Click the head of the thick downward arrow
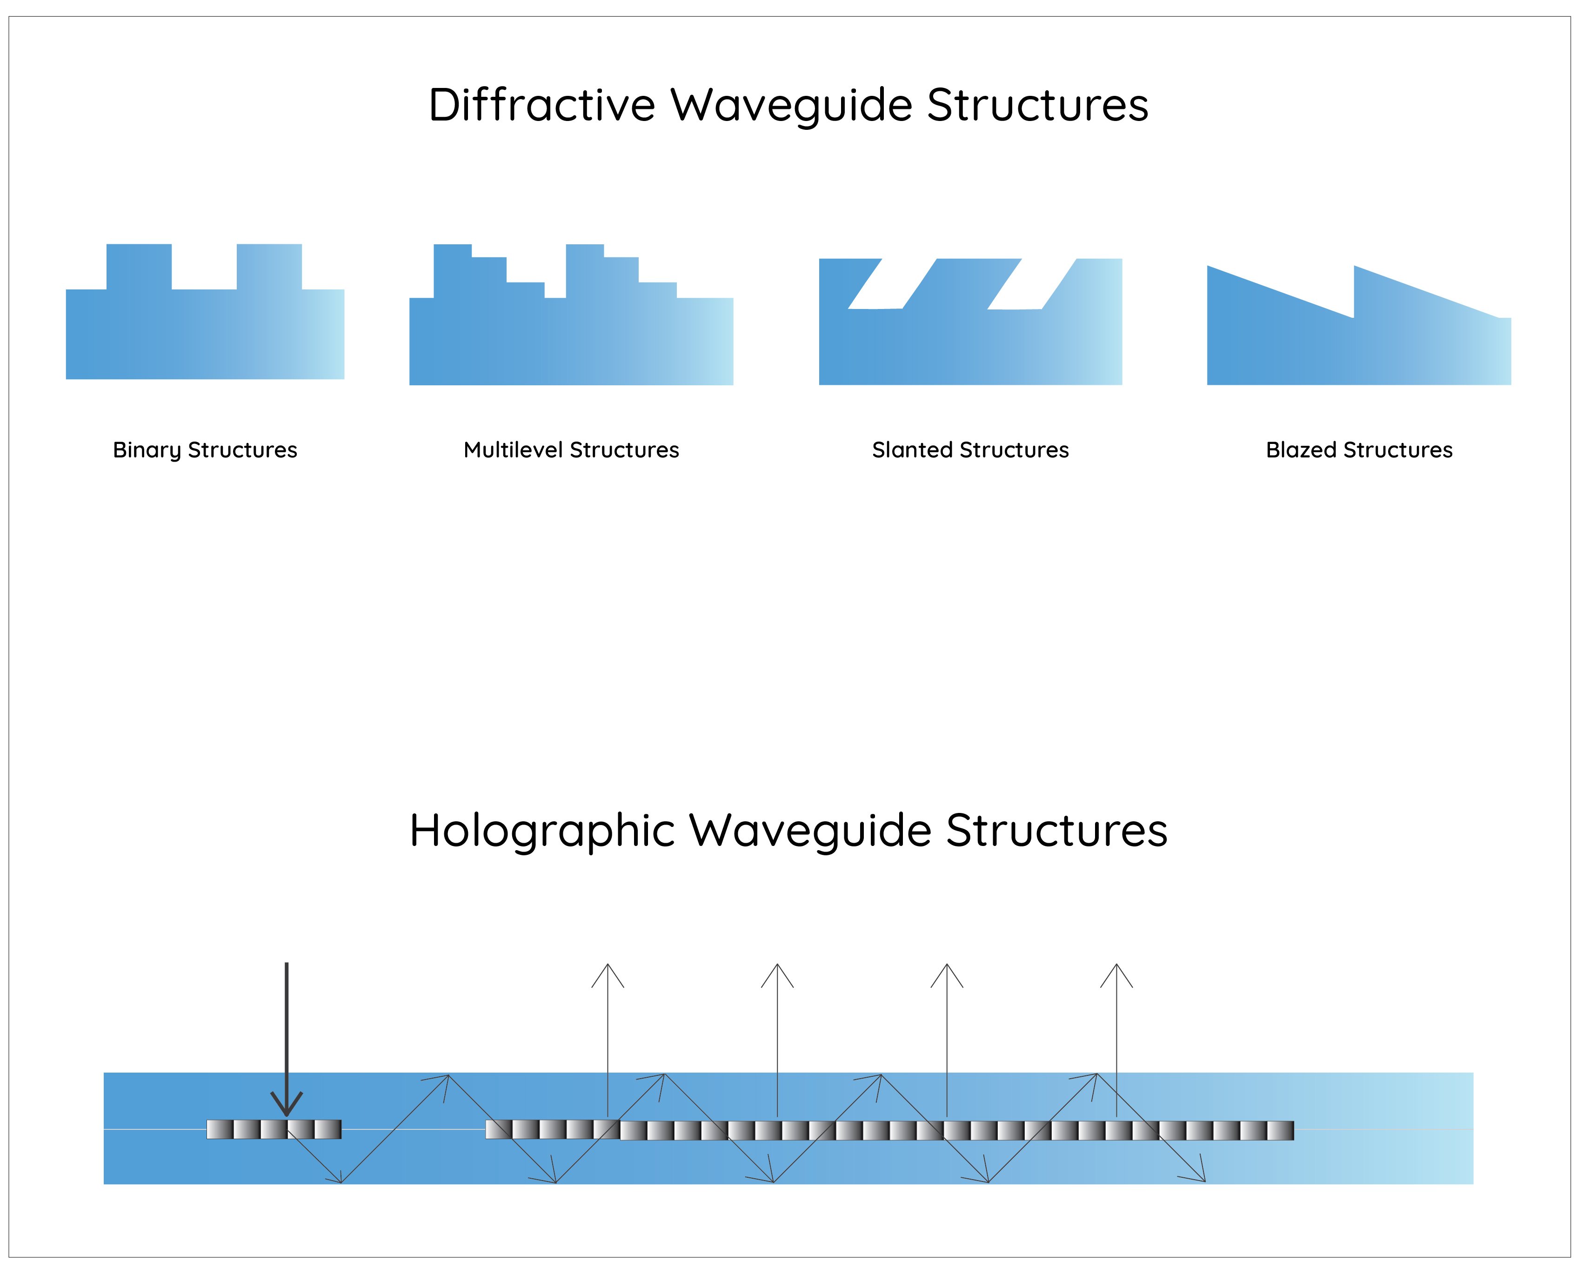(x=287, y=1106)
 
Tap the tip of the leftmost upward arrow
(x=608, y=966)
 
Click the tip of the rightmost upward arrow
(x=1116, y=966)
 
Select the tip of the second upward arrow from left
(x=777, y=966)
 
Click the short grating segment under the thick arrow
(x=273, y=1129)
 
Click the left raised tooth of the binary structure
(x=139, y=266)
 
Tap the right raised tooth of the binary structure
(x=269, y=266)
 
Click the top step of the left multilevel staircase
(x=452, y=251)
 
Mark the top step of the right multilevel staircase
(x=584, y=251)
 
